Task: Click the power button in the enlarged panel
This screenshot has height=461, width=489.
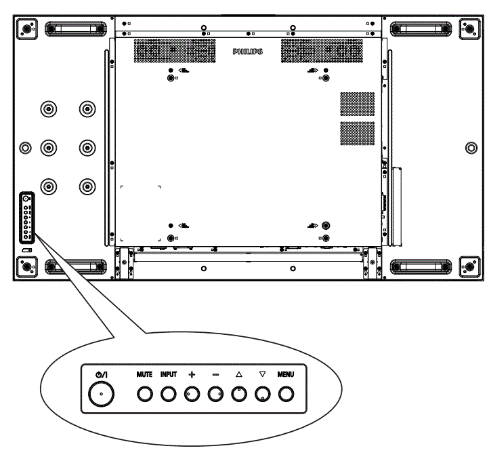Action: point(101,393)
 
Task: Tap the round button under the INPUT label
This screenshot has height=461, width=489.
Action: point(168,393)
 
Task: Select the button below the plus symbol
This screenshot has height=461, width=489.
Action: point(192,393)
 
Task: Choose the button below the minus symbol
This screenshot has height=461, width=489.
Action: point(215,393)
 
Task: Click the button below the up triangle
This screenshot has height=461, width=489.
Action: point(238,393)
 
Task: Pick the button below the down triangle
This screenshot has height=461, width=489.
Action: point(262,393)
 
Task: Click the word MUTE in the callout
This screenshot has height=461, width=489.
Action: point(144,374)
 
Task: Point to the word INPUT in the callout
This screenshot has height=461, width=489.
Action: point(168,374)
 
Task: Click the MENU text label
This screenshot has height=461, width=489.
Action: point(286,374)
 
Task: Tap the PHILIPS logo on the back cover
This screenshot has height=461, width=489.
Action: point(247,52)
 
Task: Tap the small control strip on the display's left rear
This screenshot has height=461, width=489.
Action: point(26,217)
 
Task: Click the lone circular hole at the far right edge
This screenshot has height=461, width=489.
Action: point(471,146)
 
